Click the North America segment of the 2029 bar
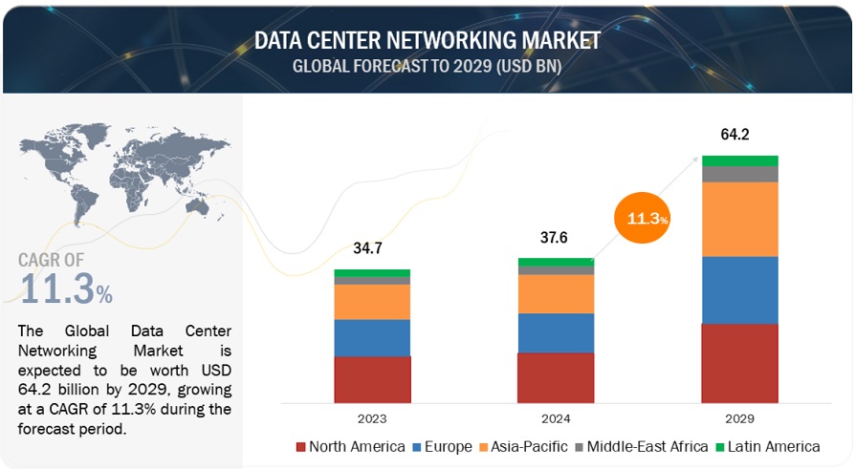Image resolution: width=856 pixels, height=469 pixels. coord(739,362)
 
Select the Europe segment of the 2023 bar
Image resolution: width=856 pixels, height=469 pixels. coord(372,337)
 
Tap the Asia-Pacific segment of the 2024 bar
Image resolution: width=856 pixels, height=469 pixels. coord(556,293)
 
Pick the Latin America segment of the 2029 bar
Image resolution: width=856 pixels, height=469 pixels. coord(739,160)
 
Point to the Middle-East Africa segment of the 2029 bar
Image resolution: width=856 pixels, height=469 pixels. coord(739,174)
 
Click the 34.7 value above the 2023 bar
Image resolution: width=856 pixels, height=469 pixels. coord(371,248)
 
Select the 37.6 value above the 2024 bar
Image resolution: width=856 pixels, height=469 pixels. coord(555,237)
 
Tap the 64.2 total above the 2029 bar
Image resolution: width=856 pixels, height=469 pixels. coord(738,135)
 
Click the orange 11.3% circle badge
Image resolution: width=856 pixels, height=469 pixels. coord(643,219)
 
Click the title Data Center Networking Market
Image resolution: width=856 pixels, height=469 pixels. coord(428,39)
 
